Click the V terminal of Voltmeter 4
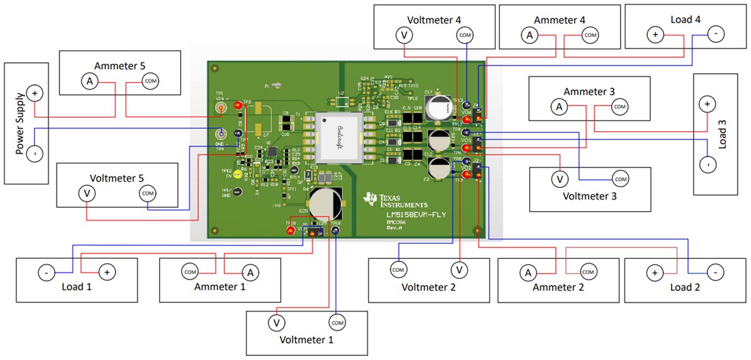pyautogui.click(x=405, y=34)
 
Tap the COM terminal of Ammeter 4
pyautogui.click(x=590, y=34)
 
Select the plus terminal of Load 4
pyautogui.click(x=655, y=33)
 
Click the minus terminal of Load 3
pyautogui.click(x=708, y=165)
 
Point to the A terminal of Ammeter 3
pyautogui.click(x=558, y=107)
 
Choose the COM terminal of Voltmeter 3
pyautogui.click(x=620, y=179)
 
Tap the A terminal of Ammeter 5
pyautogui.click(x=89, y=81)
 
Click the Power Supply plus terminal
pyautogui.click(x=34, y=94)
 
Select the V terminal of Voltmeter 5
pyautogui.click(x=87, y=193)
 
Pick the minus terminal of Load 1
pyautogui.click(x=45, y=273)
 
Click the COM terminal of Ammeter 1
pyautogui.click(x=190, y=273)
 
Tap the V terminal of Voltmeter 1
pyautogui.click(x=277, y=322)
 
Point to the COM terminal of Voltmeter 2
pyautogui.click(x=398, y=269)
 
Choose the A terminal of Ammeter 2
pyautogui.click(x=527, y=273)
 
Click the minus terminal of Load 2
pyautogui.click(x=714, y=273)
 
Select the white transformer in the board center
pyautogui.click(x=339, y=137)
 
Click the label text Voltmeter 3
pyautogui.click(x=589, y=196)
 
